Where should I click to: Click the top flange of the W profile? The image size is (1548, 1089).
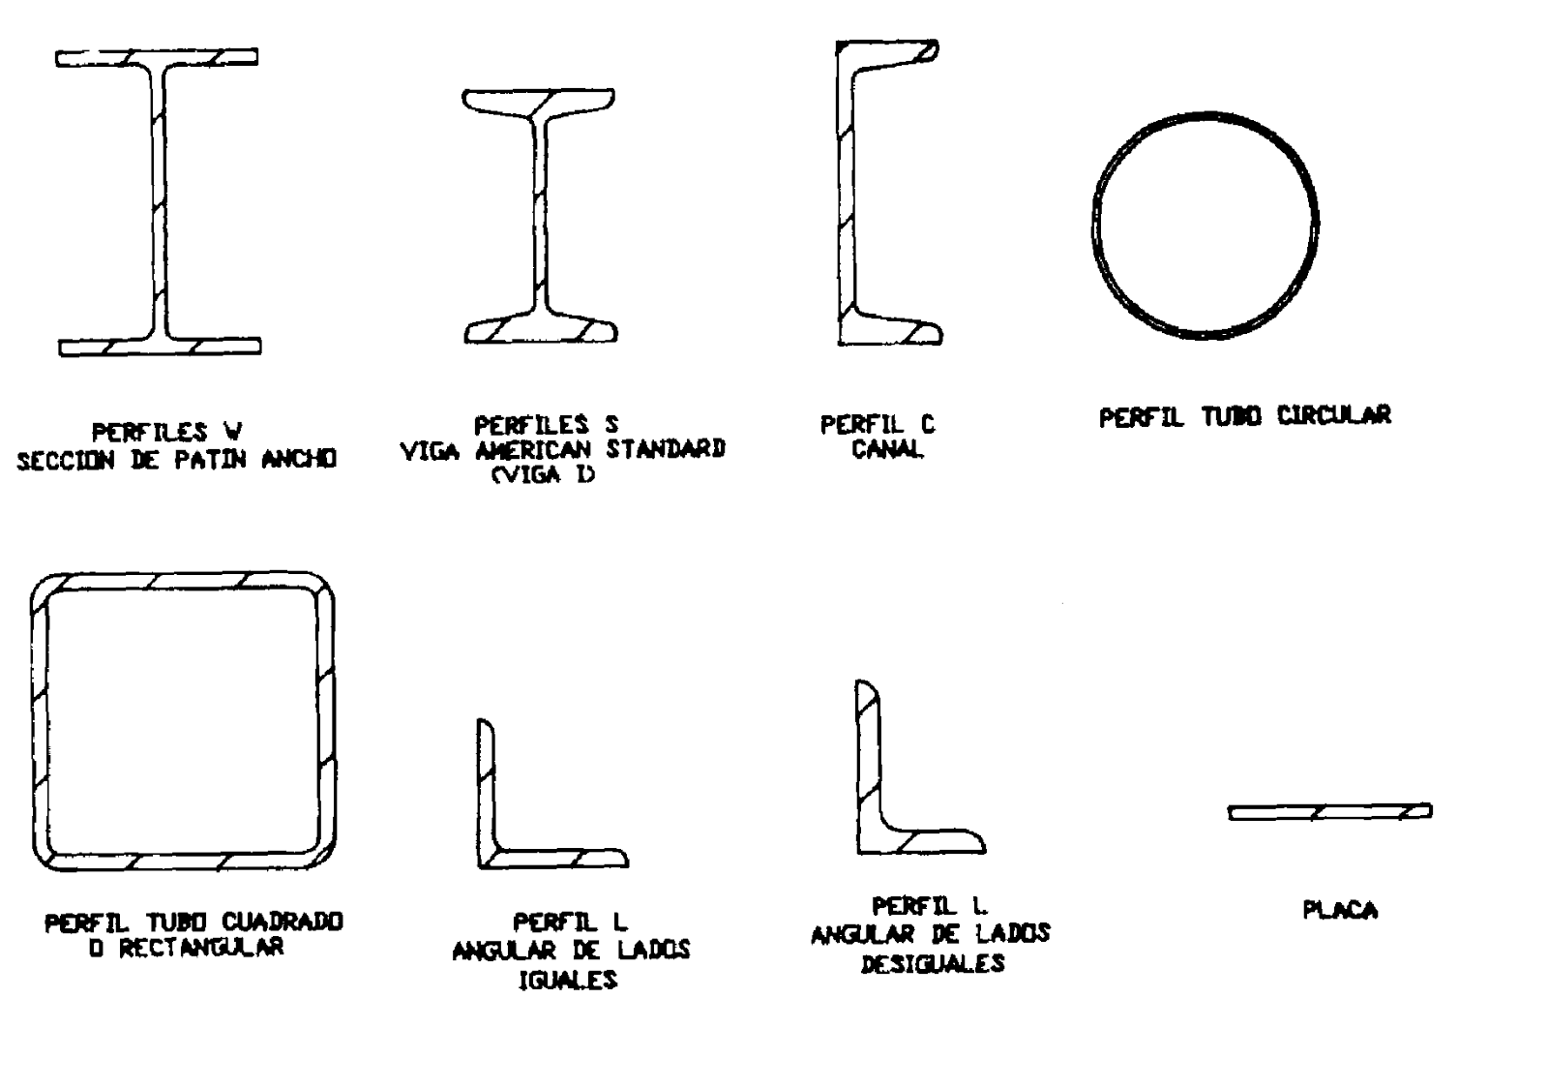pos(157,57)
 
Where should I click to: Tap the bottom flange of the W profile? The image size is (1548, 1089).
pos(160,347)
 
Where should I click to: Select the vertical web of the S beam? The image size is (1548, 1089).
pos(541,214)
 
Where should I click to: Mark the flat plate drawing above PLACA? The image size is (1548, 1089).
pos(1329,812)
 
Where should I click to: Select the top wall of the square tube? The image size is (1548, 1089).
pos(183,581)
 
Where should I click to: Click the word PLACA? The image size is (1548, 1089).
pos(1340,910)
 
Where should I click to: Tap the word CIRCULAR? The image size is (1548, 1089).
pos(1333,415)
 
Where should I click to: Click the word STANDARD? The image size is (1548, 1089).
pos(666,449)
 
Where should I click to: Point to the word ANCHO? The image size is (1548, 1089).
pos(299,459)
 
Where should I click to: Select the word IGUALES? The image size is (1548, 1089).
pos(567,980)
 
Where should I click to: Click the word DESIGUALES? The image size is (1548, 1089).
pos(933,963)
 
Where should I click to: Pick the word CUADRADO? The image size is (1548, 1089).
pos(282,922)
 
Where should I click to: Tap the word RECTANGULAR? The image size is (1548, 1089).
pos(202,948)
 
